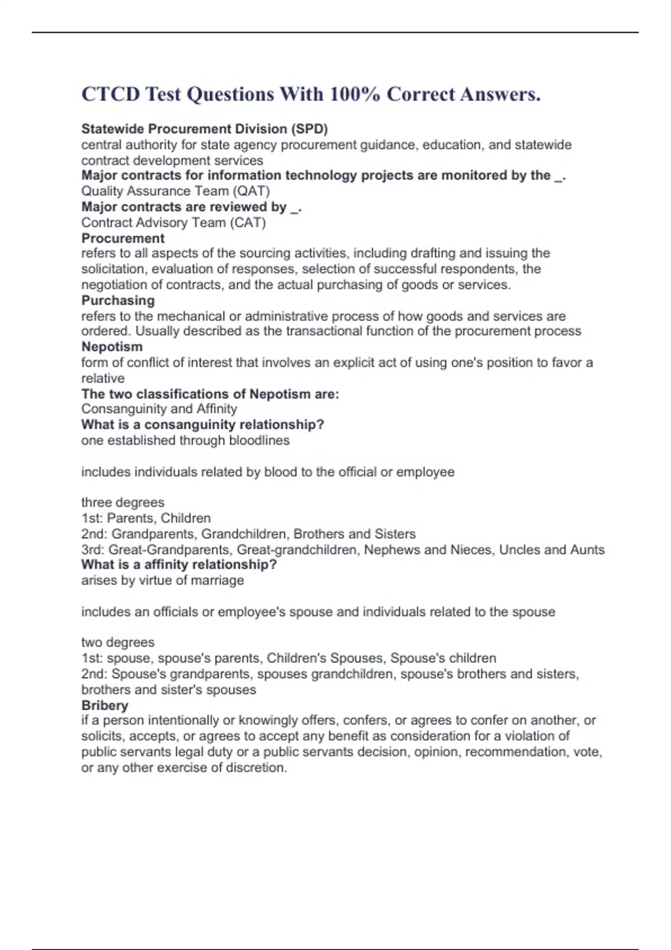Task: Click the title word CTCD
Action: pos(111,94)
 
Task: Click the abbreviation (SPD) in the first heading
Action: pos(309,129)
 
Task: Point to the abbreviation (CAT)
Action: pos(247,222)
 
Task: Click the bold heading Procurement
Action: pos(123,238)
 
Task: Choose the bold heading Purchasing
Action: pos(118,300)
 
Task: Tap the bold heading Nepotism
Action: pos(112,346)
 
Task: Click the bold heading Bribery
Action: pos(105,705)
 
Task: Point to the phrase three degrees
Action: pos(123,502)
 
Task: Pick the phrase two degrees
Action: pos(118,643)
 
